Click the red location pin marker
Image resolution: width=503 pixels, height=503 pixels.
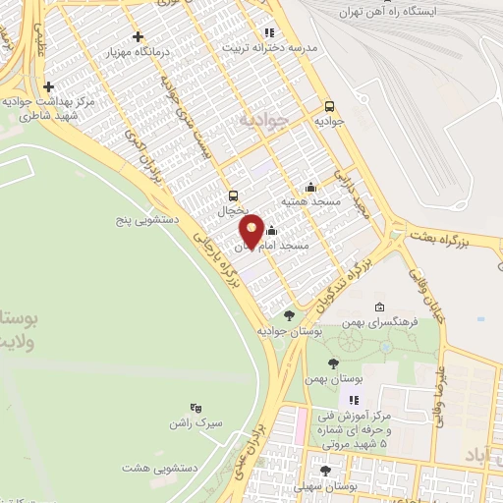[252, 230]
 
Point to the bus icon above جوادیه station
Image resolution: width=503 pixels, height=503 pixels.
[329, 106]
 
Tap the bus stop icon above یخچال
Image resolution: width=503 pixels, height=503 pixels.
[233, 195]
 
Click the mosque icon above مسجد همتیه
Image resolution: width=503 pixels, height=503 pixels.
[311, 187]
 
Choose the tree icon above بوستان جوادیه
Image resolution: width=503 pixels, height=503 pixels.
[289, 315]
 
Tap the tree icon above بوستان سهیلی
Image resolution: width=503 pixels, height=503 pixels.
[325, 471]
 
